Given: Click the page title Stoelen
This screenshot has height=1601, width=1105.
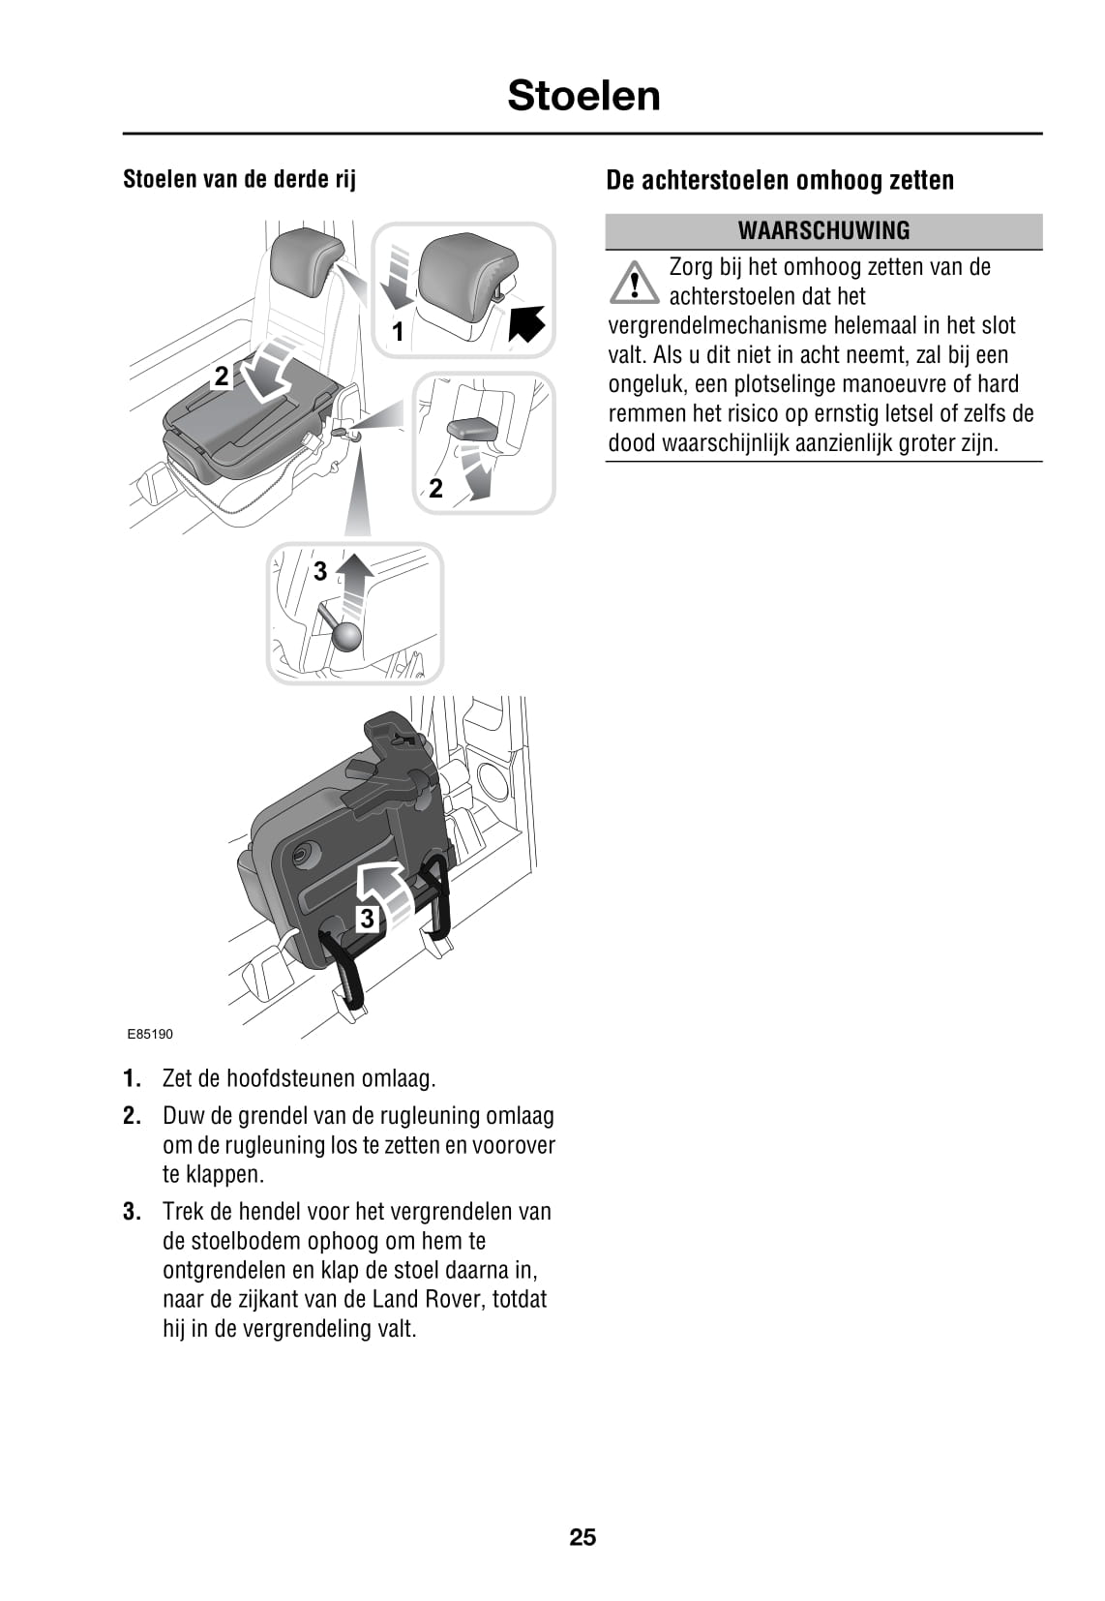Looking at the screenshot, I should (583, 96).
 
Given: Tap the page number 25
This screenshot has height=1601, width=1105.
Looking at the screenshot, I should (582, 1537).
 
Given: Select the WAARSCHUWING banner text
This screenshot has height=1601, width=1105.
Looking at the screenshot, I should (823, 230).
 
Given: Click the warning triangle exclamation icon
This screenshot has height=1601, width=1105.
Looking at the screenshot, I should (634, 283).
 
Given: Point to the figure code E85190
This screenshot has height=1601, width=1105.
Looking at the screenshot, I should (150, 1034).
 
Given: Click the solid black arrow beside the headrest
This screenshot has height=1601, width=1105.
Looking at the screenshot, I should (526, 323).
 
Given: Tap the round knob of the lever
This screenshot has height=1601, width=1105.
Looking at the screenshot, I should (345, 635).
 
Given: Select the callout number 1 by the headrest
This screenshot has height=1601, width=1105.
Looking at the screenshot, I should (397, 333).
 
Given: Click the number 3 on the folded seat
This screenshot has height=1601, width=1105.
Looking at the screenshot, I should (367, 918).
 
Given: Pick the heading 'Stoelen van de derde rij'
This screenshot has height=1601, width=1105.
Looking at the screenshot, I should (239, 179).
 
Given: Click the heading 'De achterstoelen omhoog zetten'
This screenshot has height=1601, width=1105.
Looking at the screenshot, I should (780, 180).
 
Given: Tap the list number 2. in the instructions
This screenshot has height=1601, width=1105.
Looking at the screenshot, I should (133, 1116).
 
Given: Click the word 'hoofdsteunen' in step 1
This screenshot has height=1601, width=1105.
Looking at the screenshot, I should (291, 1078).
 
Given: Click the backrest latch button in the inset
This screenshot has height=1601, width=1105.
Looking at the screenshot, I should (473, 428).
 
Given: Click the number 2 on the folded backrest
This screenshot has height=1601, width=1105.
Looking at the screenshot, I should (222, 377).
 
